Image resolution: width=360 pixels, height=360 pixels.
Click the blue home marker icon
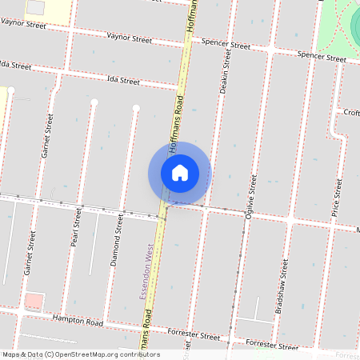pos(179,173)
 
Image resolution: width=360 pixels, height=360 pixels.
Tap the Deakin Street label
pos(227,72)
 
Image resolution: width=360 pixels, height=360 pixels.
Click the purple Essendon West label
pos(148,271)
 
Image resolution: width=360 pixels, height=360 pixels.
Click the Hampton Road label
pos(78,322)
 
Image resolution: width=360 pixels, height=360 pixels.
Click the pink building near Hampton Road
pos(34,302)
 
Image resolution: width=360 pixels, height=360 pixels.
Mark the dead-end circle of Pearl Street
pos(94,102)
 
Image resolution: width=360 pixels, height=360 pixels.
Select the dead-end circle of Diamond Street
pos(136,107)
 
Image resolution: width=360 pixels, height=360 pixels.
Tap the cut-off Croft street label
pos(351,113)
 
